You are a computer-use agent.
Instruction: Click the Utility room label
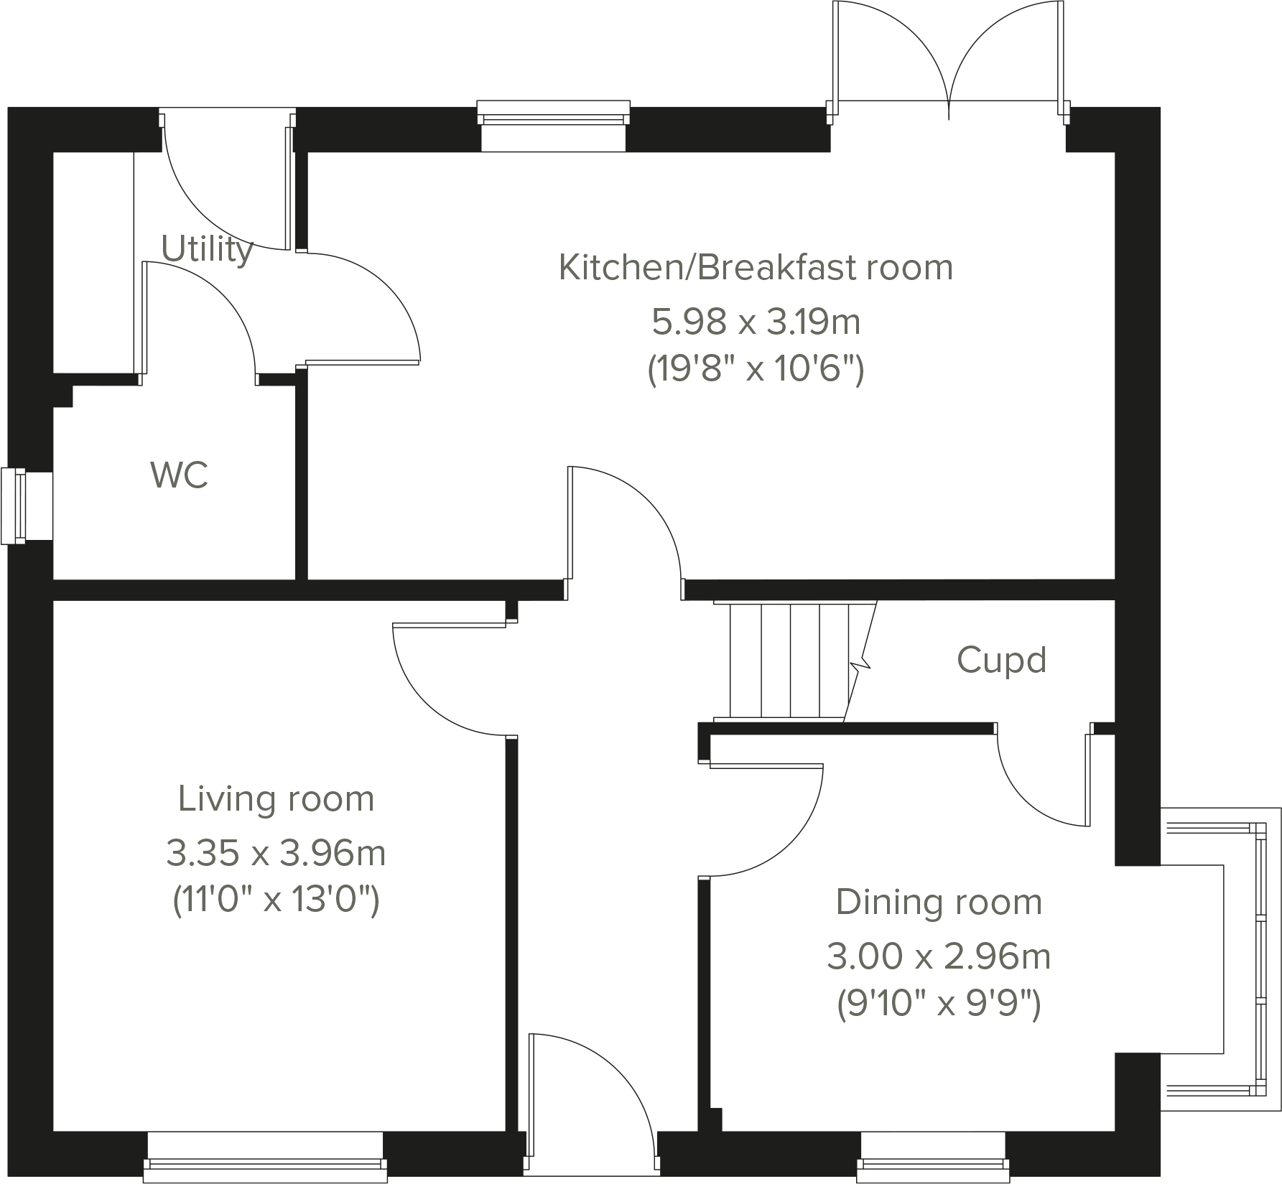(207, 249)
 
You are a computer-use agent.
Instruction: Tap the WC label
(180, 475)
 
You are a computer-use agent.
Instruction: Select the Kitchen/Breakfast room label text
(755, 267)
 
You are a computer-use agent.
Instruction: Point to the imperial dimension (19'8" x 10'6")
(755, 370)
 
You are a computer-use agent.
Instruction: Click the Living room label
(276, 798)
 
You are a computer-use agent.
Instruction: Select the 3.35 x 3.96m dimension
(276, 853)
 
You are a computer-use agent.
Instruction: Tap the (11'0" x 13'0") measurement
(276, 899)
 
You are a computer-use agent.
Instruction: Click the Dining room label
(938, 902)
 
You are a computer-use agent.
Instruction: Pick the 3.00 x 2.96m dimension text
(938, 956)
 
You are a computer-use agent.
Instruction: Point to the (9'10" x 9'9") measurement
(938, 1003)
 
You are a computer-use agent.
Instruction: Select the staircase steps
(790, 661)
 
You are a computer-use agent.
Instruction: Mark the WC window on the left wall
(14, 506)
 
